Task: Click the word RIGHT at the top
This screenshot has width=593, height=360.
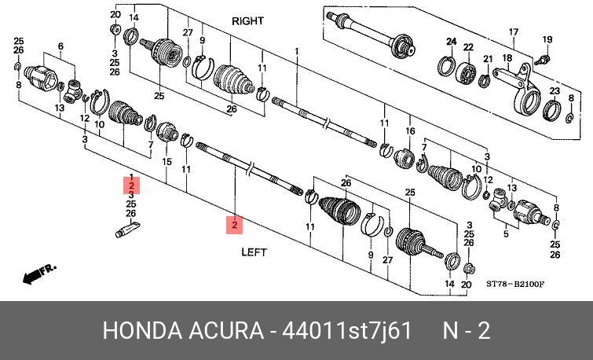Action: [x=247, y=21]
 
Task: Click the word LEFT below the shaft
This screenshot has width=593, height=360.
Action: [x=253, y=252]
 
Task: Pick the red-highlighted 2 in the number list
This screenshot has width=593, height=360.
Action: [x=131, y=186]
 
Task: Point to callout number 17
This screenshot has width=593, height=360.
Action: [x=514, y=32]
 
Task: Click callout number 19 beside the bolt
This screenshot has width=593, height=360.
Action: [x=547, y=39]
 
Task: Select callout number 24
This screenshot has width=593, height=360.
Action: [x=452, y=41]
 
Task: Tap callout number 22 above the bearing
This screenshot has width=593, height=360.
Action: [x=468, y=47]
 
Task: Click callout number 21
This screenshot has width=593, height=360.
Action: [x=488, y=59]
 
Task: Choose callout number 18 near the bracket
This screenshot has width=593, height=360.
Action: [x=507, y=58]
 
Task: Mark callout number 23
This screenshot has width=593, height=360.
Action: [x=554, y=92]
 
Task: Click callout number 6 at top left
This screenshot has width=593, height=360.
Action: [x=60, y=46]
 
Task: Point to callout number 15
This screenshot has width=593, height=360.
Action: [x=167, y=161]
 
